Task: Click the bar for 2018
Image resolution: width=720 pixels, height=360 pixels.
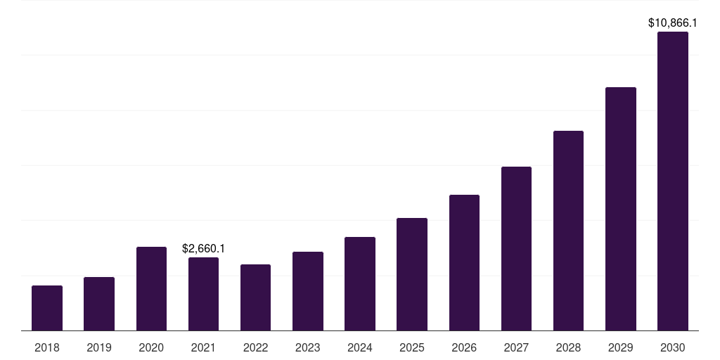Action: [x=47, y=308]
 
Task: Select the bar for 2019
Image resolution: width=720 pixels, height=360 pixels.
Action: [x=99, y=304]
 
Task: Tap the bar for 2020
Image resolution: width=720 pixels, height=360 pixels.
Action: [x=151, y=288]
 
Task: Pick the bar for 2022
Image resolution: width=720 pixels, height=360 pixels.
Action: [x=255, y=297]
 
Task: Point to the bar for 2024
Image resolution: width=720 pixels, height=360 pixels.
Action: [x=360, y=283]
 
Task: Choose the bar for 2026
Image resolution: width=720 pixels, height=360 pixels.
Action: [x=464, y=262]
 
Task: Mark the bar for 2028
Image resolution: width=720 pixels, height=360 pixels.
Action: [x=568, y=231]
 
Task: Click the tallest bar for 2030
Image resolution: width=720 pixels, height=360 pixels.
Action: [x=673, y=181]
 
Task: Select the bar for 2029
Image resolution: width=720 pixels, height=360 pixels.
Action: [x=621, y=209]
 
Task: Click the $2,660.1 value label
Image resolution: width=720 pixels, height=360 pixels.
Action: [x=203, y=248]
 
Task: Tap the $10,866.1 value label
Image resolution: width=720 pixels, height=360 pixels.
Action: [x=673, y=22]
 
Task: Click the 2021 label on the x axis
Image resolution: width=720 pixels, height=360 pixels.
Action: [x=203, y=347]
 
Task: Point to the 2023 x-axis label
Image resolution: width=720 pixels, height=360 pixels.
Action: [x=308, y=347]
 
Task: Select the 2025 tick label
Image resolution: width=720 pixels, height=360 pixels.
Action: [x=412, y=347]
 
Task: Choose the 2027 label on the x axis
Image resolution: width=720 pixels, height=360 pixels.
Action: [x=516, y=347]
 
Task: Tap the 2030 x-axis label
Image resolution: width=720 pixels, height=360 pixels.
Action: [x=673, y=347]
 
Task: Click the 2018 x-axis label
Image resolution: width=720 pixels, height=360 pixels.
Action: [x=47, y=347]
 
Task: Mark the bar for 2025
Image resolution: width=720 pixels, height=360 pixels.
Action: [x=412, y=274]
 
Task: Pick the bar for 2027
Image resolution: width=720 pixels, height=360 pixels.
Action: [x=516, y=248]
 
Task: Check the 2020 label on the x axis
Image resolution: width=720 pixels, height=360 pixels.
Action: [x=151, y=347]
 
